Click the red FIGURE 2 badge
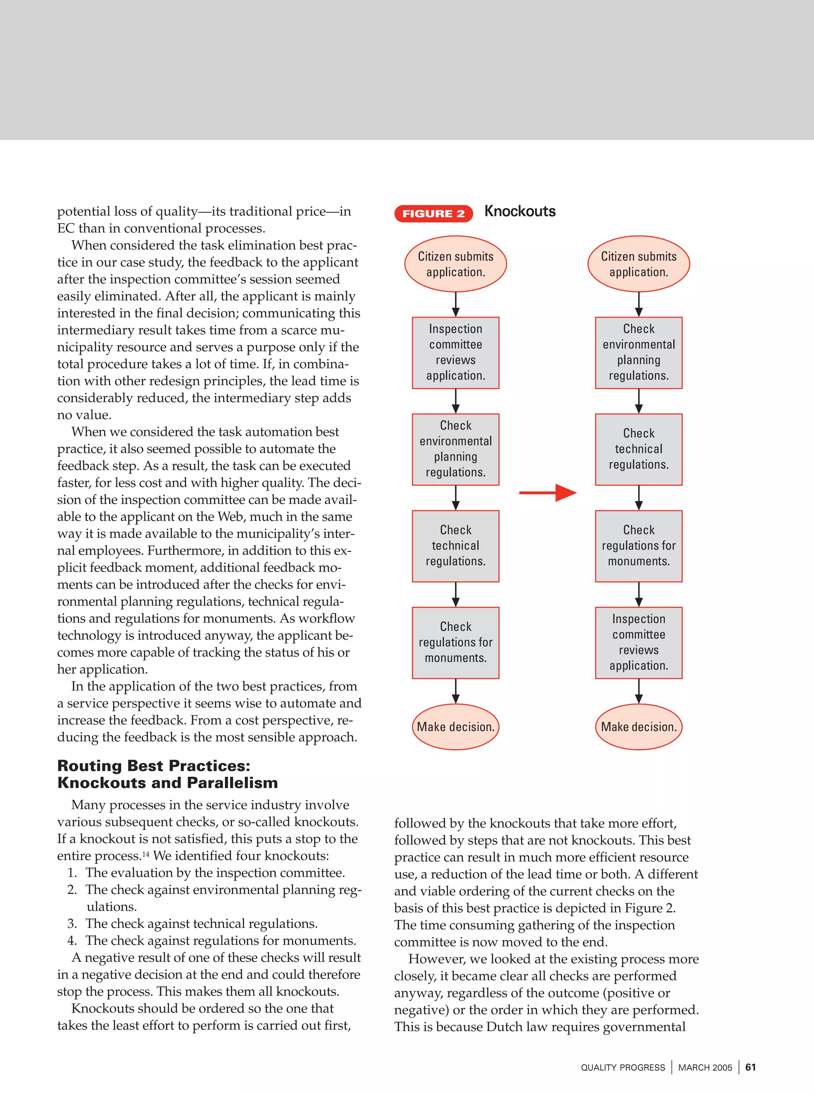click(x=433, y=213)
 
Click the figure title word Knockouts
click(x=520, y=211)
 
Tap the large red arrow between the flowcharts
click(x=548, y=492)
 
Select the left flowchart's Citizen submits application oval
click(x=455, y=264)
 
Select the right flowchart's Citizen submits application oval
click(x=639, y=264)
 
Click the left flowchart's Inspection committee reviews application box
click(x=455, y=352)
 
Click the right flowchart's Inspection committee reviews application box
click(x=639, y=642)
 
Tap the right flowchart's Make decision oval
click(x=639, y=726)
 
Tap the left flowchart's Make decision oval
click(x=455, y=726)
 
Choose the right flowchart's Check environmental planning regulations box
click(x=639, y=352)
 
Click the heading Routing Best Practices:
click(x=154, y=765)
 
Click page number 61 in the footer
click(x=750, y=1067)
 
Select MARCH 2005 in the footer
click(x=705, y=1067)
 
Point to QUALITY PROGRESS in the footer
click(x=623, y=1067)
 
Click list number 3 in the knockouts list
click(x=72, y=923)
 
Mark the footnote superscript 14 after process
click(x=146, y=853)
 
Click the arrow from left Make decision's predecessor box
click(x=455, y=691)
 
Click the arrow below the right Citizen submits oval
click(x=639, y=304)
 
